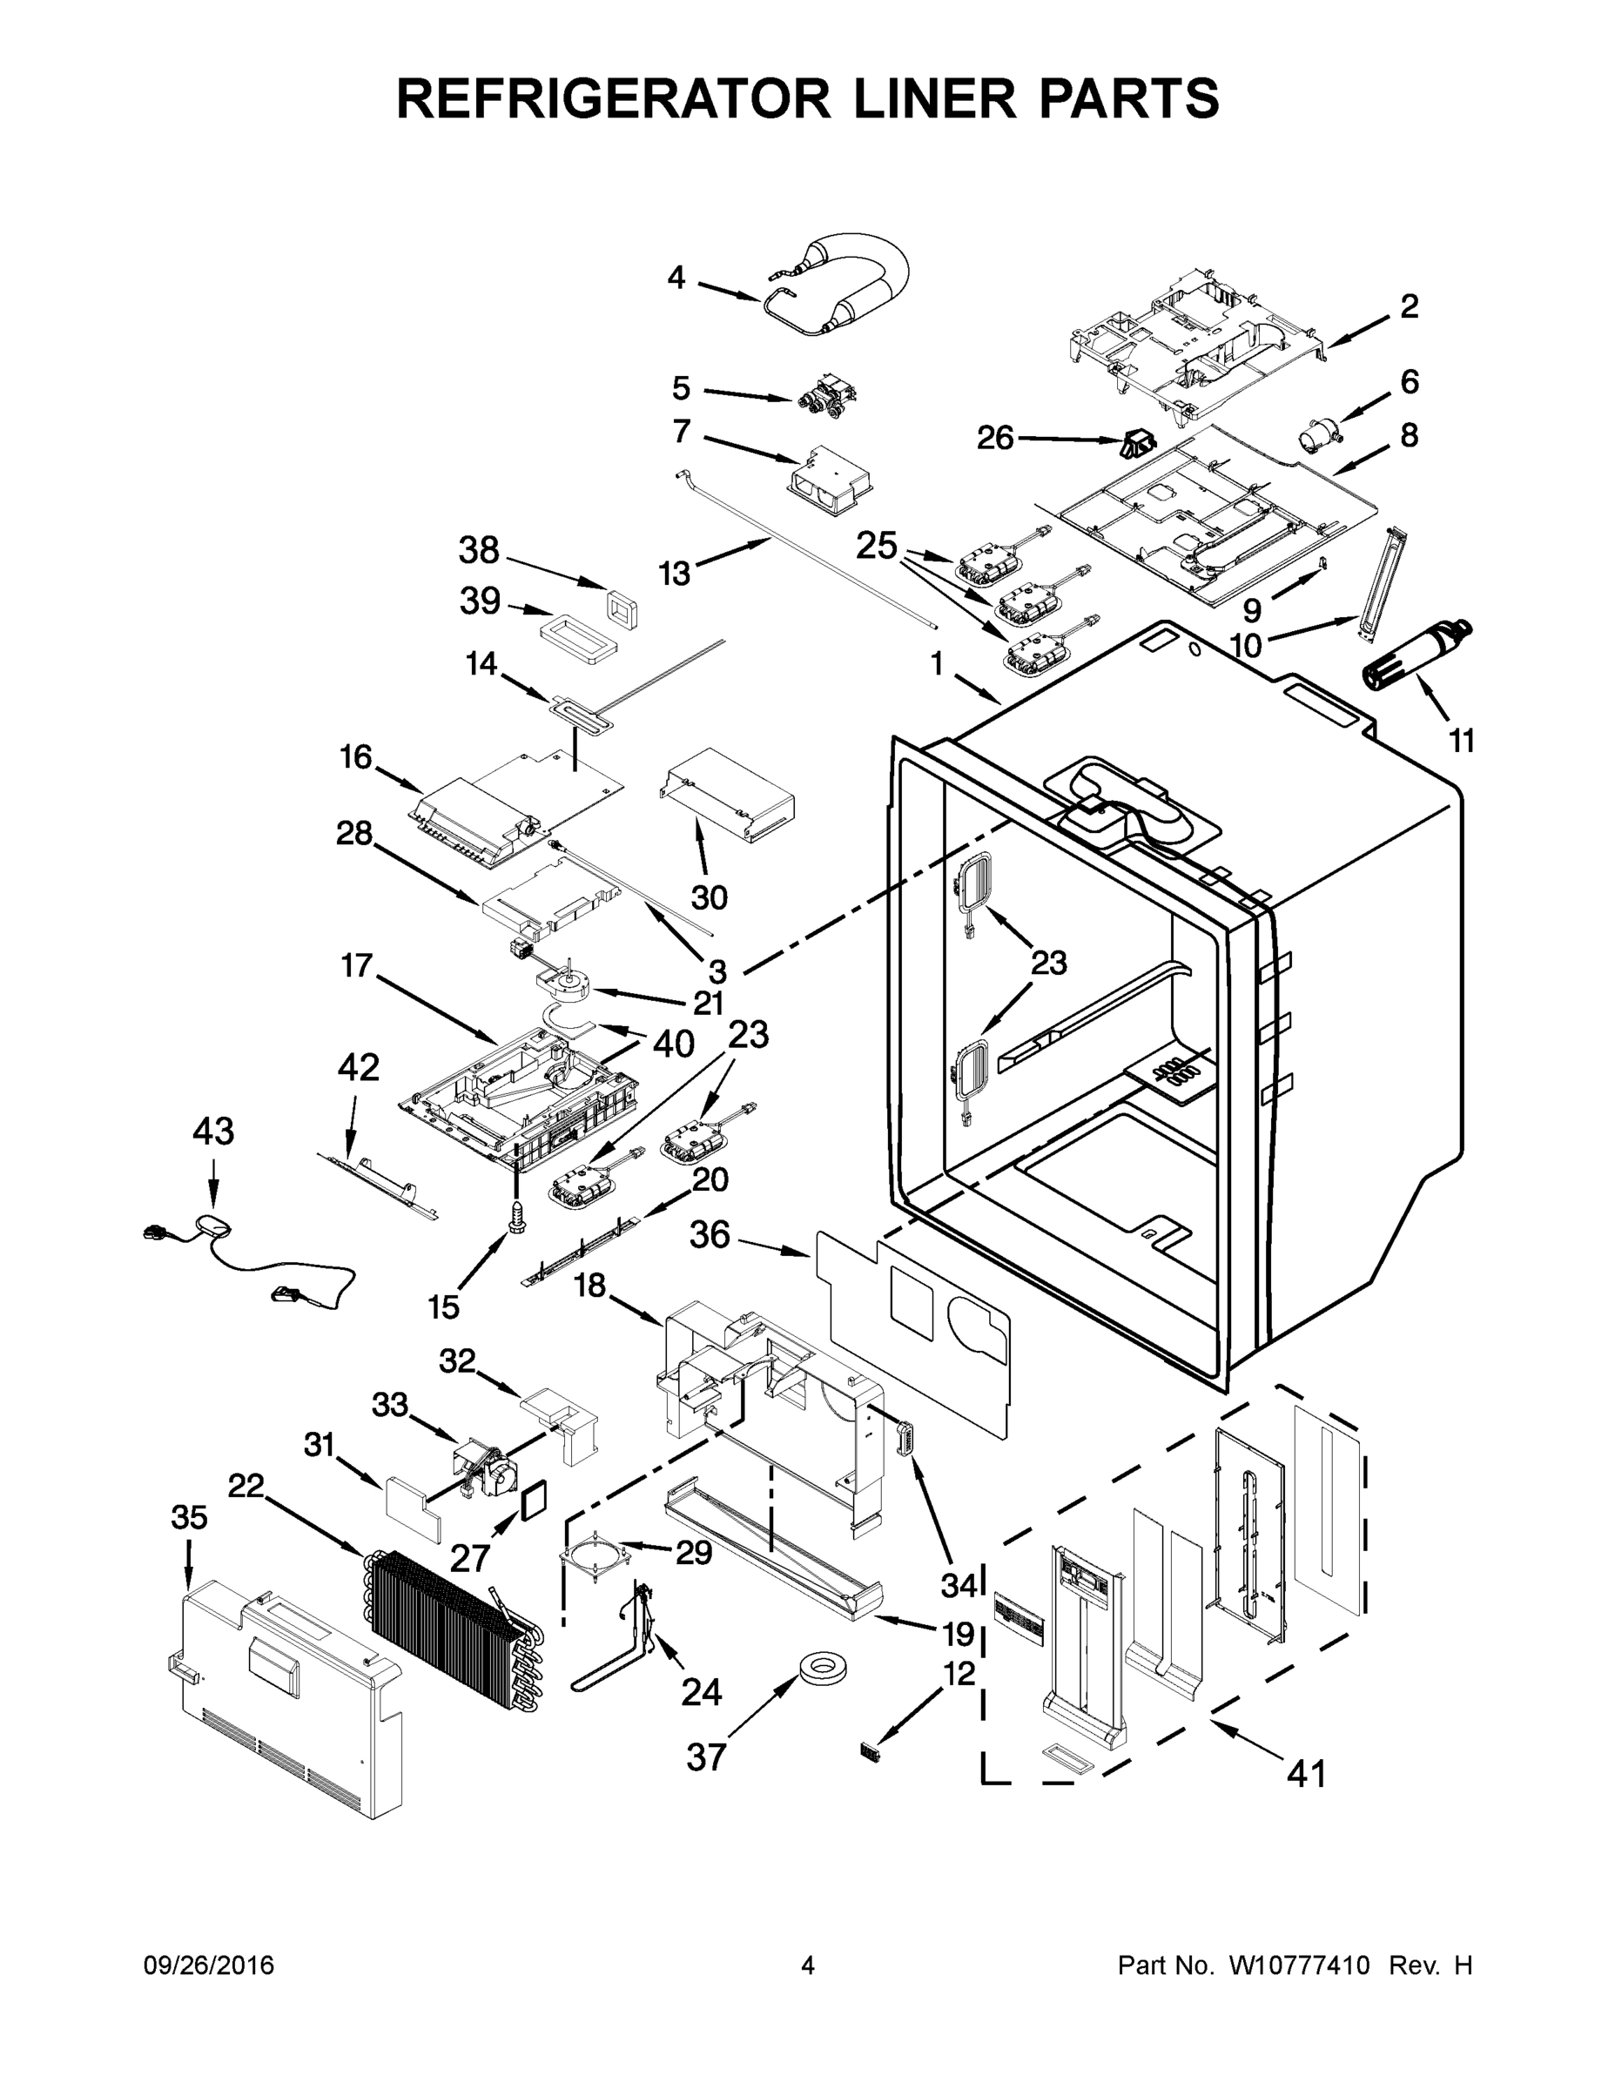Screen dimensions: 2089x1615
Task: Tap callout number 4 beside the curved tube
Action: [x=676, y=279]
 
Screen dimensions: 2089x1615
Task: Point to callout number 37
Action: [x=706, y=1757]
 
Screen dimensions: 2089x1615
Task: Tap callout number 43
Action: [x=212, y=1132]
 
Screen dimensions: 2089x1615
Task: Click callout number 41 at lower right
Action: [x=1306, y=1774]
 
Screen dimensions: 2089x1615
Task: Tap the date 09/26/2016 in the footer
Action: [x=209, y=1965]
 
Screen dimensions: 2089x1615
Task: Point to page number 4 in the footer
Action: [x=808, y=1965]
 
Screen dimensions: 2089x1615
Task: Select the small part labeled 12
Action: [x=869, y=1751]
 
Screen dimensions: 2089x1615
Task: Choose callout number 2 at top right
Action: [x=1409, y=307]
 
